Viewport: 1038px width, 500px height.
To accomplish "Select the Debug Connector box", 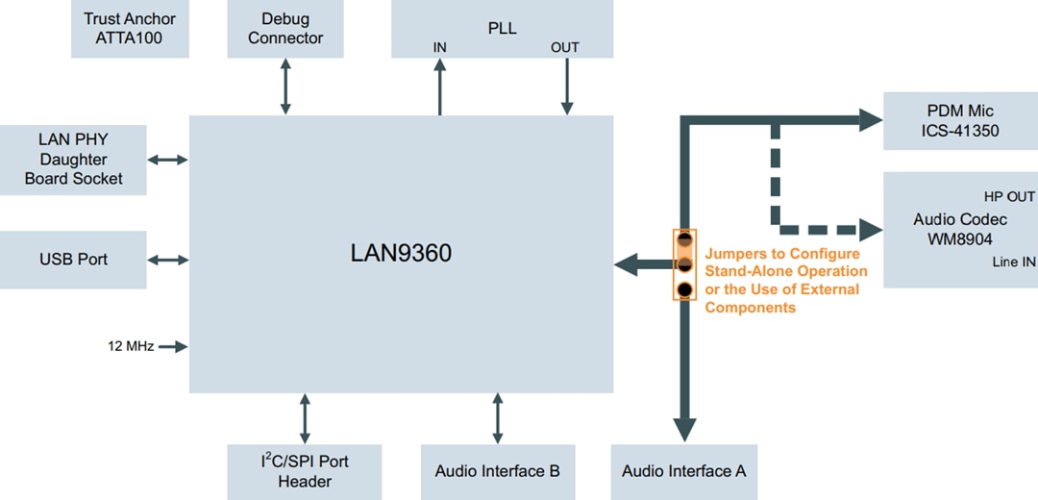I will (x=285, y=29).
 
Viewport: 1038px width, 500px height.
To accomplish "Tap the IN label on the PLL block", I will (x=440, y=47).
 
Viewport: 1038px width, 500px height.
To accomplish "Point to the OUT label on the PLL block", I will (x=565, y=47).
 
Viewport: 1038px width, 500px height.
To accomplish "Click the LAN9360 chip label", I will (x=401, y=254).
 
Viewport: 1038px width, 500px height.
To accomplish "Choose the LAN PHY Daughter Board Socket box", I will (x=73, y=160).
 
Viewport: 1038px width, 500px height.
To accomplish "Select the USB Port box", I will (x=73, y=260).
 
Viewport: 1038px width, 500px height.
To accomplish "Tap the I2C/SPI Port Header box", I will (x=305, y=471).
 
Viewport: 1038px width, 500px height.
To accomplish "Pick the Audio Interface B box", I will (x=497, y=471).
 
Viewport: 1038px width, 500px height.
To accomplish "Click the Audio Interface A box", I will (x=683, y=471).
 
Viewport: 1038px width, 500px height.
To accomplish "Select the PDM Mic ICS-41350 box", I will (x=960, y=121).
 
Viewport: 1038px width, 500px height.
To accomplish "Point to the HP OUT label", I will (x=1008, y=196).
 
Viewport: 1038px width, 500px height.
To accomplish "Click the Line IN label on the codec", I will (x=1013, y=262).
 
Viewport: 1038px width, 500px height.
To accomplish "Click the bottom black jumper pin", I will (x=684, y=289).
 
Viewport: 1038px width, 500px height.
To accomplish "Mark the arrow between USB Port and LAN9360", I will (x=168, y=260).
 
